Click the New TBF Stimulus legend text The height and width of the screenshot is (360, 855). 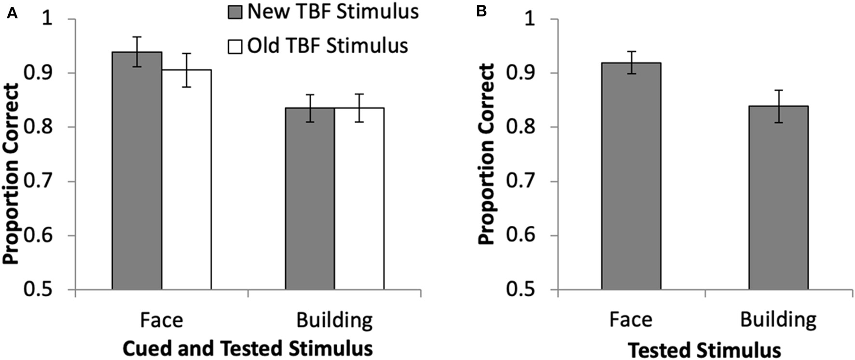click(x=333, y=12)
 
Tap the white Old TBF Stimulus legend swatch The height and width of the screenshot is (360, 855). click(x=234, y=47)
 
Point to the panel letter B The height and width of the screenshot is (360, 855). click(x=481, y=12)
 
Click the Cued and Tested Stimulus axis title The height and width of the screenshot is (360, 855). click(x=248, y=348)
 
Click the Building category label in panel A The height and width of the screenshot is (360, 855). click(x=334, y=320)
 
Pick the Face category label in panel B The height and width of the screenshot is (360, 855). click(x=631, y=319)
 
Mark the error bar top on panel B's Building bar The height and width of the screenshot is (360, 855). click(x=778, y=90)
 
